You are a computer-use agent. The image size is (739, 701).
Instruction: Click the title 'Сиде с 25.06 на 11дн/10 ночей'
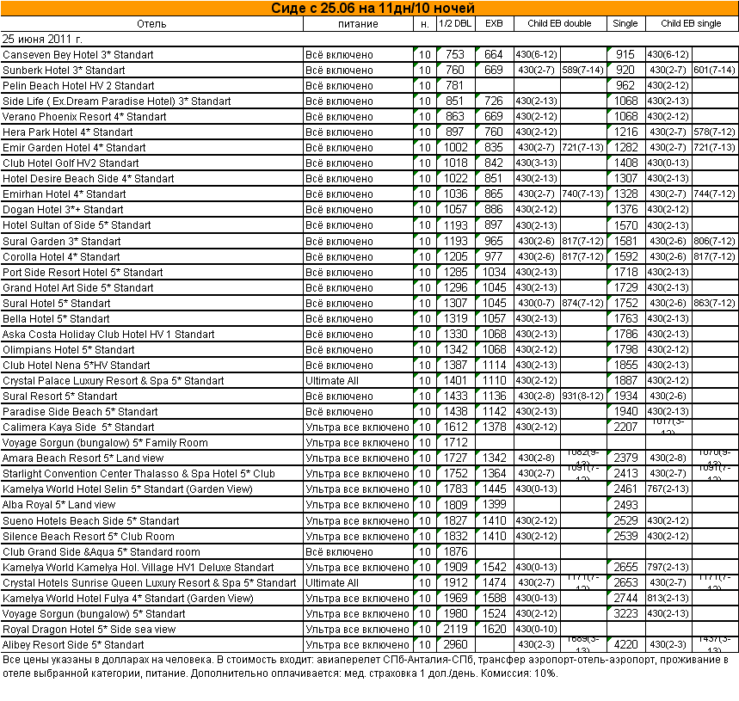[x=369, y=8]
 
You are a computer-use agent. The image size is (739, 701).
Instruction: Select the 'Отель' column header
[x=151, y=23]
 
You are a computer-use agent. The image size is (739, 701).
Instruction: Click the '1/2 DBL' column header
[x=455, y=23]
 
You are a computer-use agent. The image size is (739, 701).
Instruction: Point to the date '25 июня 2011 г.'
[x=43, y=39]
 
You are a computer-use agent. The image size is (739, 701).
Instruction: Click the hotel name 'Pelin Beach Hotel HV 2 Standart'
[x=78, y=86]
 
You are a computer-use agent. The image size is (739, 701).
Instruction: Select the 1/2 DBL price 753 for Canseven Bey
[x=455, y=55]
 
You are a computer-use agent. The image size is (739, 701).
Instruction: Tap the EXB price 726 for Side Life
[x=494, y=101]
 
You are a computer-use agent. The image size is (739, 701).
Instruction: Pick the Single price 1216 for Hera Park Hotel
[x=625, y=132]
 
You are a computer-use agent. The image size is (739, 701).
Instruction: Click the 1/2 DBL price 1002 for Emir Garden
[x=455, y=148]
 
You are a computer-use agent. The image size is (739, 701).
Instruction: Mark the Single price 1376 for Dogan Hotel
[x=625, y=210]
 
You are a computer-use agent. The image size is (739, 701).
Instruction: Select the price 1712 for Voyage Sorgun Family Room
[x=455, y=443]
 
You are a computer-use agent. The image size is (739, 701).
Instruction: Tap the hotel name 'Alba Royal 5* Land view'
[x=59, y=505]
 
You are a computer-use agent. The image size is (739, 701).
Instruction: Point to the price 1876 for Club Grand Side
[x=455, y=552]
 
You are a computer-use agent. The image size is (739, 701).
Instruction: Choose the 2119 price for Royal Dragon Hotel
[x=455, y=630]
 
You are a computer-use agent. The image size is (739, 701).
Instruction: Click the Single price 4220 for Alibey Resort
[x=625, y=645]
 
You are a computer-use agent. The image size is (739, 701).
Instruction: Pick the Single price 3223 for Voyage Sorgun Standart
[x=625, y=614]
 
